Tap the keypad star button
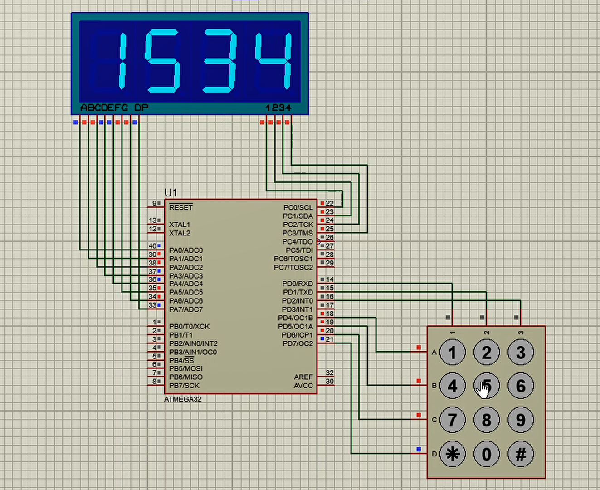coord(452,454)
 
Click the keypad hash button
coord(520,454)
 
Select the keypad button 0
coord(486,454)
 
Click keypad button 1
coord(452,353)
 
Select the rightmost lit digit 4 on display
coord(273,61)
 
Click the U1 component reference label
coord(171,193)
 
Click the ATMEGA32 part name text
coord(183,399)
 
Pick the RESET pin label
coord(181,207)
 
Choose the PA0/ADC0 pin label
coord(186,250)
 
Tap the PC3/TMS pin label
coord(298,233)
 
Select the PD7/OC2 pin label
coord(298,343)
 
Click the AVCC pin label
coord(303,386)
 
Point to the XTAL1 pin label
coord(180,225)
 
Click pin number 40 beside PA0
coord(152,246)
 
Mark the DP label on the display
coord(141,108)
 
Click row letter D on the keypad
coord(434,454)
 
